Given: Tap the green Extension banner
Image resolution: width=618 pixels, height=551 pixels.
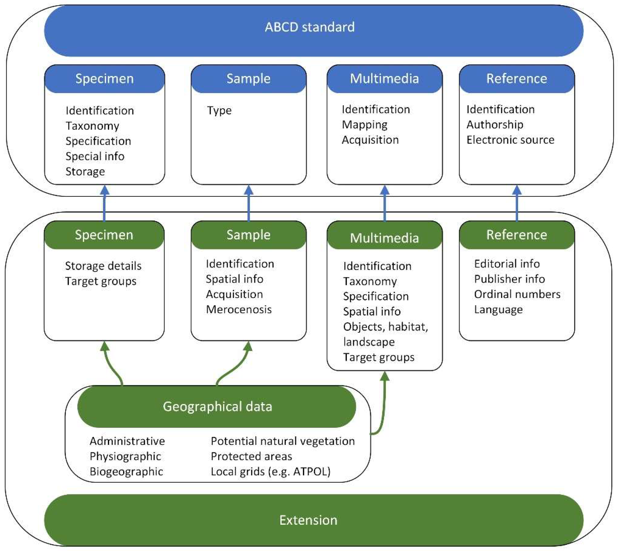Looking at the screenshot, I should pyautogui.click(x=308, y=520).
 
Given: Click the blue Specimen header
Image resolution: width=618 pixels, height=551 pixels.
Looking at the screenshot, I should pyautogui.click(x=105, y=79).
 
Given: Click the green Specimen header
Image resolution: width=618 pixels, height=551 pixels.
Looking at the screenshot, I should pyautogui.click(x=104, y=235).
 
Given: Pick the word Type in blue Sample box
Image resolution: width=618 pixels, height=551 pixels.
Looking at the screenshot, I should pyautogui.click(x=219, y=111).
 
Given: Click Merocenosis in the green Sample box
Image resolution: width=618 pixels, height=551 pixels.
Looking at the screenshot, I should pyautogui.click(x=239, y=310).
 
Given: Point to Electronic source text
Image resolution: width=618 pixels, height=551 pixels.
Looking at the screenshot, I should pyautogui.click(x=510, y=140).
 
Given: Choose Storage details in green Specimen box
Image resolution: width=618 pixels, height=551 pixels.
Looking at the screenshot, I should pyautogui.click(x=103, y=266).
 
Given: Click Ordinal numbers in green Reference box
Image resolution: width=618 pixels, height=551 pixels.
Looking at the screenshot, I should pyautogui.click(x=517, y=294).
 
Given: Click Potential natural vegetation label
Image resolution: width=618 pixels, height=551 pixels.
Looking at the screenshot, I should pyautogui.click(x=283, y=441).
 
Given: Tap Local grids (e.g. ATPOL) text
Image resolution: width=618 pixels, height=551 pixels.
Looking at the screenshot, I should pyautogui.click(x=271, y=472).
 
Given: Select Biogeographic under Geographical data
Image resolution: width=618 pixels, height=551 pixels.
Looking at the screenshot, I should pyautogui.click(x=126, y=472).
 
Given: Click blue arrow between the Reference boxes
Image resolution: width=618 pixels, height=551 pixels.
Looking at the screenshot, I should pyautogui.click(x=517, y=203).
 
